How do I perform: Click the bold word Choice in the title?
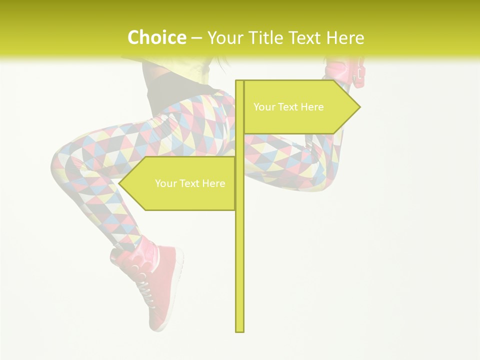coord(156,37)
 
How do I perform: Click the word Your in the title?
coord(225,38)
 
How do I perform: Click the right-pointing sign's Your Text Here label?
coord(288,107)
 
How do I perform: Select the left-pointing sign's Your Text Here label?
coord(190,183)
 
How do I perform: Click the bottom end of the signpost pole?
coord(239,329)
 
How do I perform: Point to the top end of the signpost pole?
coord(239,82)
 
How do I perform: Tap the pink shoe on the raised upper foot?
coord(345,72)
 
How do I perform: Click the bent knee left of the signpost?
coord(62,160)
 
